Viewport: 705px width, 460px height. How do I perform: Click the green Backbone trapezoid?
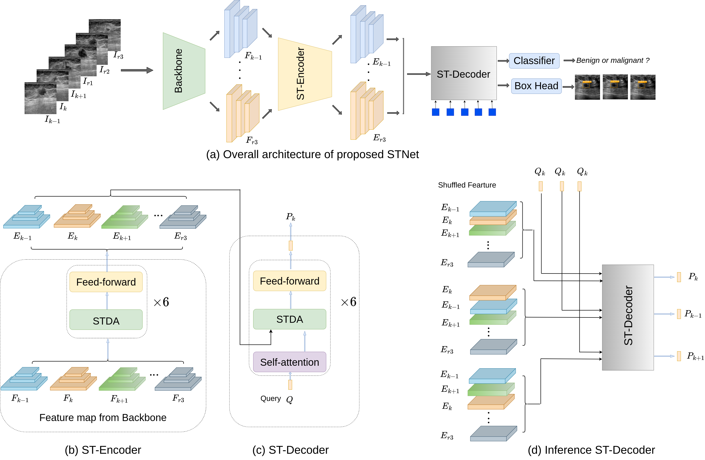tap(184, 71)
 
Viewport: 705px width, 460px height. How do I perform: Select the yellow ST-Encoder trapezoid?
tap(304, 74)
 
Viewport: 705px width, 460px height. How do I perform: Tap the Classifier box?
tap(534, 61)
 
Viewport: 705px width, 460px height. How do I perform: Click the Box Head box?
tap(536, 86)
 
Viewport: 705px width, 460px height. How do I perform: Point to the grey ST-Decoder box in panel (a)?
tap(463, 73)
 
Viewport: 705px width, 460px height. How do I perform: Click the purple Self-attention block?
tap(289, 362)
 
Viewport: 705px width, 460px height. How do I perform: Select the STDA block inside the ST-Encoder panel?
tap(106, 320)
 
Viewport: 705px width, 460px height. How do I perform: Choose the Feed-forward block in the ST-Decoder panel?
tap(289, 281)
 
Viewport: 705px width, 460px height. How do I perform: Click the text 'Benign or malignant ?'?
tap(613, 61)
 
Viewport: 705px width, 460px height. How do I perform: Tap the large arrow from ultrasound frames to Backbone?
tap(137, 70)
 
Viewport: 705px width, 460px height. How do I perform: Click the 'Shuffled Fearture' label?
tap(467, 185)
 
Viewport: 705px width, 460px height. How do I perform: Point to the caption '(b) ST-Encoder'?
tap(103, 450)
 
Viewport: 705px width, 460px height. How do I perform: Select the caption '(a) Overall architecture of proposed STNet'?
tap(312, 154)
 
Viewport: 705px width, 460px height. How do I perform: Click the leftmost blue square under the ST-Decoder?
tap(436, 112)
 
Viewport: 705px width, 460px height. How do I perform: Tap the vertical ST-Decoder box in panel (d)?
tap(628, 317)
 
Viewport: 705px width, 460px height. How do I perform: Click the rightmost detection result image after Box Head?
tap(642, 87)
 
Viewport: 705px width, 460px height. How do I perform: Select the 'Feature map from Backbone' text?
tap(103, 417)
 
